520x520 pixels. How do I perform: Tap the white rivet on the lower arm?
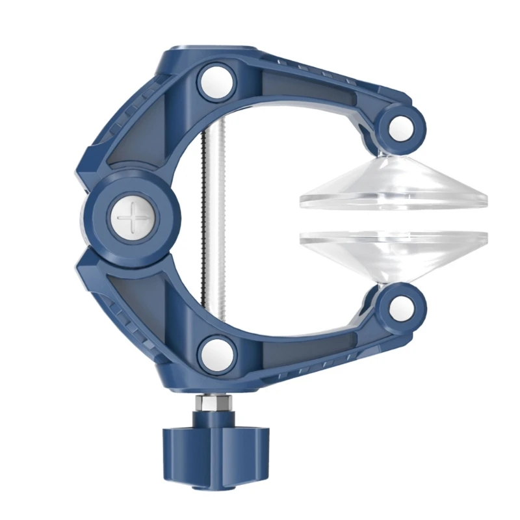[216, 352]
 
